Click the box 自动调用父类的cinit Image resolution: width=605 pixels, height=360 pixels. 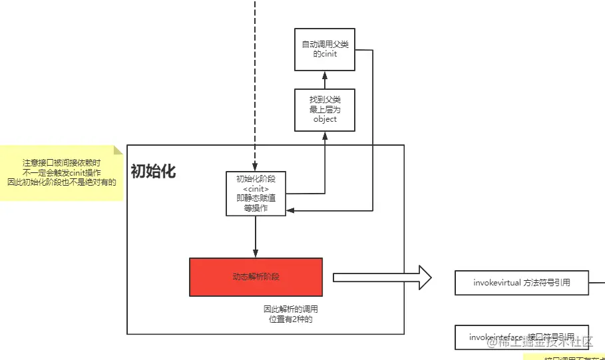(x=325, y=50)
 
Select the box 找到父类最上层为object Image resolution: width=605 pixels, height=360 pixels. (x=325, y=110)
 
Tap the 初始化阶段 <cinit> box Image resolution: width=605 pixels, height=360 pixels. (x=256, y=193)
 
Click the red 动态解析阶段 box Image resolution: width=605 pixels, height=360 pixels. (x=256, y=277)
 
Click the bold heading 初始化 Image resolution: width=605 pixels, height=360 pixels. (x=153, y=171)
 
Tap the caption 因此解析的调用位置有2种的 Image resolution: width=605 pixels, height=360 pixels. (x=290, y=314)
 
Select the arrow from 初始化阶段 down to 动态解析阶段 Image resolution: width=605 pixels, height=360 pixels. (x=256, y=237)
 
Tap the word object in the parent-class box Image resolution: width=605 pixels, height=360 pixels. (x=325, y=120)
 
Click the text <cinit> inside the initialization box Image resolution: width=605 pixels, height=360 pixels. (x=256, y=189)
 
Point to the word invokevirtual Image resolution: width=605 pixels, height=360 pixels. (x=497, y=283)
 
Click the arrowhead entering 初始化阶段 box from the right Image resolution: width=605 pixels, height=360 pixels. (x=290, y=210)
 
